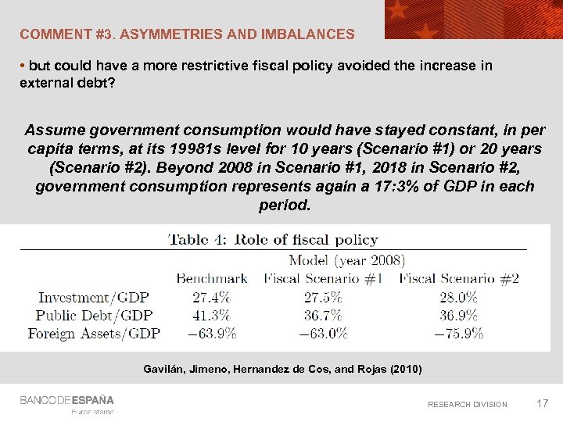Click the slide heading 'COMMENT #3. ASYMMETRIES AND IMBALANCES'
(x=187, y=34)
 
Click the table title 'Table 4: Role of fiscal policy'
(x=273, y=240)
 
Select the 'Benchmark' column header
(x=211, y=278)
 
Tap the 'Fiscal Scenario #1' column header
(x=323, y=278)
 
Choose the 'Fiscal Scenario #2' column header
(x=459, y=278)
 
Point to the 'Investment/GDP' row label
(x=94, y=297)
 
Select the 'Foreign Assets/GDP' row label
(x=94, y=334)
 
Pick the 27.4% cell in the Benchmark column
(x=211, y=297)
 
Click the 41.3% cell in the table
(x=211, y=315)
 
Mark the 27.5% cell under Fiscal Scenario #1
(x=323, y=297)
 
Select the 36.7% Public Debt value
(x=323, y=315)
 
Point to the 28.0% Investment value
(x=459, y=297)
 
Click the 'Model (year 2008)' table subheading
(x=346, y=260)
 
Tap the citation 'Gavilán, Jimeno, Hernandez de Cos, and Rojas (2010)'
(x=282, y=369)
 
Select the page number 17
(x=542, y=403)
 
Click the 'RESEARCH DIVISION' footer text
(x=467, y=404)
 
